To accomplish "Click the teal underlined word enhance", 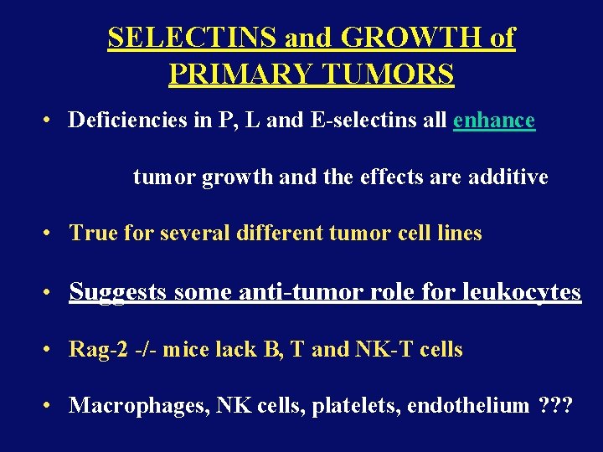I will [x=493, y=121].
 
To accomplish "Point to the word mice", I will [x=183, y=349].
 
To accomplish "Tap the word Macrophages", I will [x=138, y=406].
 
